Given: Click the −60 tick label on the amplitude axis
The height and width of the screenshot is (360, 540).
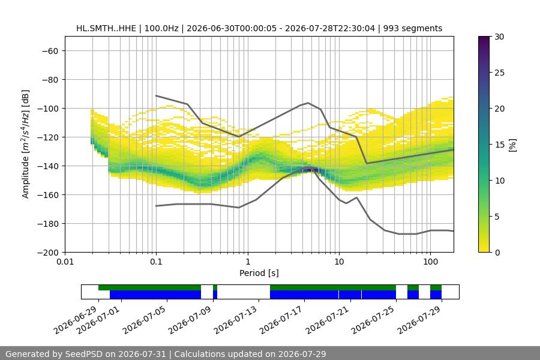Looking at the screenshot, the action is pyautogui.click(x=50, y=51).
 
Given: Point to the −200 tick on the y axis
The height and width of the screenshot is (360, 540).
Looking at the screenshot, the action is pyautogui.click(x=48, y=253).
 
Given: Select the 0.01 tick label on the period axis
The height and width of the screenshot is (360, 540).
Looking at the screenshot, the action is pyautogui.click(x=65, y=262).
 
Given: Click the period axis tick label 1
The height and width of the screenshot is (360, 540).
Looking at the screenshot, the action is pyautogui.click(x=248, y=262).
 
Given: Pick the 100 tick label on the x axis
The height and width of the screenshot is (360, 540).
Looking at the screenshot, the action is pyautogui.click(x=430, y=262).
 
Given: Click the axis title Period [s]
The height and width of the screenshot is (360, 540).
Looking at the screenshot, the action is pyautogui.click(x=259, y=273).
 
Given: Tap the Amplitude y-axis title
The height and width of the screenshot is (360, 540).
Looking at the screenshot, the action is pyautogui.click(x=26, y=144).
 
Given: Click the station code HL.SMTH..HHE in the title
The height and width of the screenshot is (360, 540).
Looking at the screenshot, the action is pyautogui.click(x=106, y=28).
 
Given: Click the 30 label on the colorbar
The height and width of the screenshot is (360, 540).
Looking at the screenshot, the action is pyautogui.click(x=499, y=37).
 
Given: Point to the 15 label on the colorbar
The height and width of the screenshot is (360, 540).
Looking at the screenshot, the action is pyautogui.click(x=499, y=145).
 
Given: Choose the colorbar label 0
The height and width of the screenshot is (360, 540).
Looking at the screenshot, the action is pyautogui.click(x=497, y=253).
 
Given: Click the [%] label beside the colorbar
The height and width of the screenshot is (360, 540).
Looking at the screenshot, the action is pyautogui.click(x=513, y=145).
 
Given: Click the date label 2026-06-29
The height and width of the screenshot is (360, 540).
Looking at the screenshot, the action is pyautogui.click(x=75, y=320).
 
